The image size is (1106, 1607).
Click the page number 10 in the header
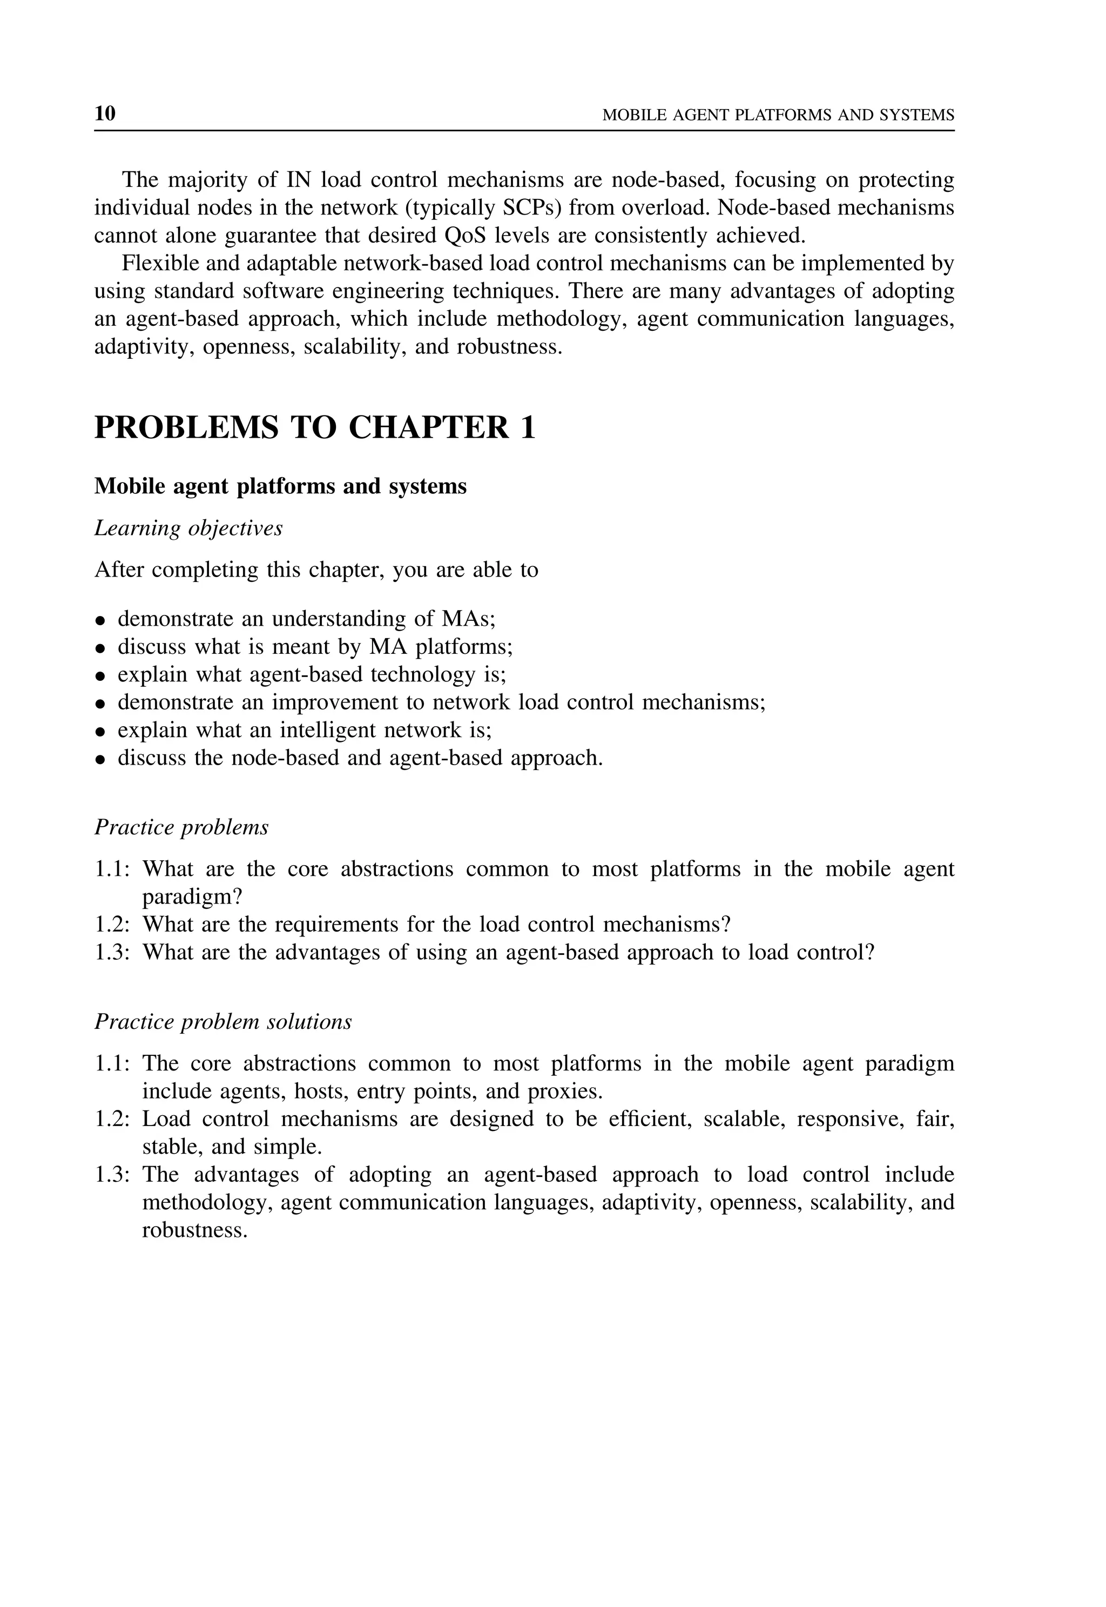[x=105, y=113]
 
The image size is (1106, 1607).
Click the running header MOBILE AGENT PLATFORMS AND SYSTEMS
[x=778, y=115]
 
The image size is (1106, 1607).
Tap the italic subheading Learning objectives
[x=188, y=528]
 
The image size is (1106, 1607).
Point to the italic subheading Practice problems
[x=181, y=827]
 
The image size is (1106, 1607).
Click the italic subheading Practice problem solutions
[x=223, y=1021]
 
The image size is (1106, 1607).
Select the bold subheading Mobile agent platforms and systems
[x=280, y=486]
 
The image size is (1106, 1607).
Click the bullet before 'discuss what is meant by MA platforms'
[x=101, y=648]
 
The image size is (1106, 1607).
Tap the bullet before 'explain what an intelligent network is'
[x=101, y=732]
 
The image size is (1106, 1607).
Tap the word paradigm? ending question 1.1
[x=192, y=897]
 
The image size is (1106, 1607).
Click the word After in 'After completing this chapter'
[x=119, y=570]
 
